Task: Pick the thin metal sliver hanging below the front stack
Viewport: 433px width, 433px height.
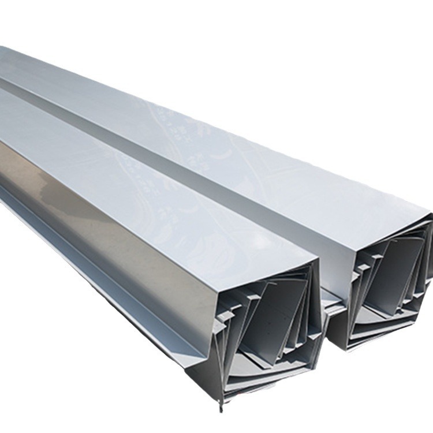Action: coord(220,404)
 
